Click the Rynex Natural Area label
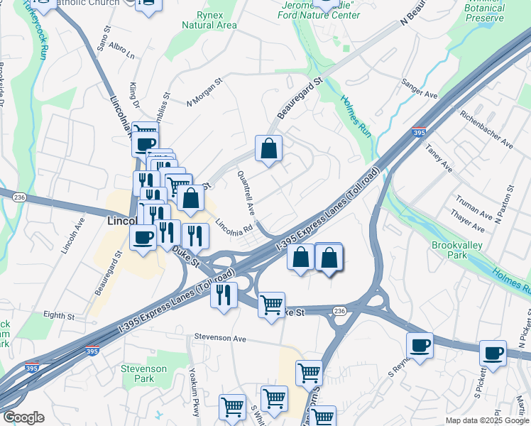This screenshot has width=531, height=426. pyautogui.click(x=209, y=20)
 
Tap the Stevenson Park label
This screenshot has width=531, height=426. pyautogui.click(x=143, y=373)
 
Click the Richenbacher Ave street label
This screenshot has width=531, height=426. pyautogui.click(x=486, y=129)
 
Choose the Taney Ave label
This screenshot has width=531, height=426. pyautogui.click(x=438, y=157)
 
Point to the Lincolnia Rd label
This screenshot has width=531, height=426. pyautogui.click(x=234, y=225)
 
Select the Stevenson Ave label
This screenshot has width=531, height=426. pyautogui.click(x=220, y=339)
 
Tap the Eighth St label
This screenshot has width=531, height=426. pyautogui.click(x=58, y=315)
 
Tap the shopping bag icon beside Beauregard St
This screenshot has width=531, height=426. pyautogui.click(x=269, y=149)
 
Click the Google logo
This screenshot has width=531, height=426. pyautogui.click(x=23, y=417)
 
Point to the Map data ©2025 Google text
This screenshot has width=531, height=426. pyautogui.click(x=487, y=420)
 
